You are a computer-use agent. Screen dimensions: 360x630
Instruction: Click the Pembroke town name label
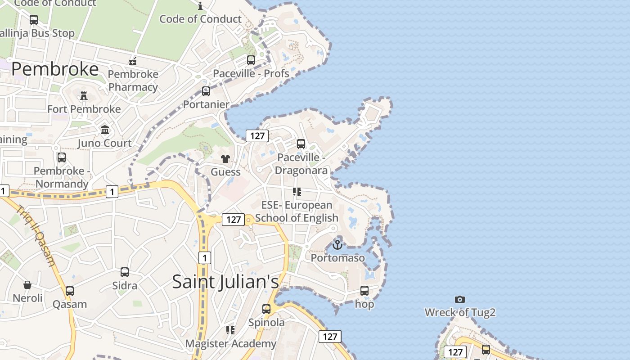click(55, 69)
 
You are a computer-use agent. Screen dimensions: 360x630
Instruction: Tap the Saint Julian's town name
click(225, 282)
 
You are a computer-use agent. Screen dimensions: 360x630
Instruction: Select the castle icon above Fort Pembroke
click(84, 95)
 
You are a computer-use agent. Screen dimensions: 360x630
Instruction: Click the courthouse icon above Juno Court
click(105, 130)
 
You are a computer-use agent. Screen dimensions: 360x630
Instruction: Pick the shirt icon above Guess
click(225, 158)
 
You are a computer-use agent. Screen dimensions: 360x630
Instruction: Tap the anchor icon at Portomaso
click(337, 245)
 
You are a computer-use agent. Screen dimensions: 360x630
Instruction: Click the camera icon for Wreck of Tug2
click(459, 299)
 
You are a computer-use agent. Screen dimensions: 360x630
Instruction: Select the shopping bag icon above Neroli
click(27, 285)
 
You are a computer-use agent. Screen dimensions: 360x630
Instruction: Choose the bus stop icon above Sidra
click(125, 272)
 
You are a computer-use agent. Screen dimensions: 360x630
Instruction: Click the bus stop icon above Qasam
click(70, 291)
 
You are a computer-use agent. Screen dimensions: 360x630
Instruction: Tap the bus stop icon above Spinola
click(266, 309)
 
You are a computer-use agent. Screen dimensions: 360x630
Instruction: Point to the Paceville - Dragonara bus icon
click(301, 144)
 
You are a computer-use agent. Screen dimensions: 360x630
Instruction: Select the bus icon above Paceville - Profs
click(251, 60)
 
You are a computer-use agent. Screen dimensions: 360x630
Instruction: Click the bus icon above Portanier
click(206, 91)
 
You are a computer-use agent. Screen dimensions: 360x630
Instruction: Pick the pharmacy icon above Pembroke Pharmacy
click(133, 61)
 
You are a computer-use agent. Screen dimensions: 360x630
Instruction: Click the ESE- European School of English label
click(297, 211)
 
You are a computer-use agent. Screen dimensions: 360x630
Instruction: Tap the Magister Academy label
click(231, 344)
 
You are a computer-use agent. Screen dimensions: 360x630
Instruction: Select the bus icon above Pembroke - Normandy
click(62, 157)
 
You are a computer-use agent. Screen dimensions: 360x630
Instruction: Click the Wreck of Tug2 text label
click(460, 312)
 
